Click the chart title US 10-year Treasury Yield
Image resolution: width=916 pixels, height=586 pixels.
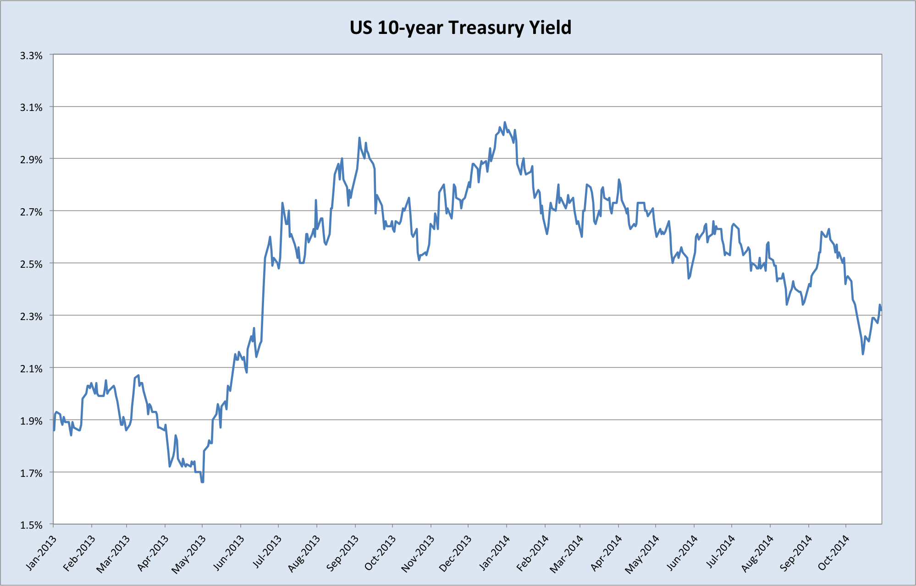point(460,28)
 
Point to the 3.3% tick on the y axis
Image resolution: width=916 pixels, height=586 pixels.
point(31,55)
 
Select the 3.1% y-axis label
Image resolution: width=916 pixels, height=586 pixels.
point(31,107)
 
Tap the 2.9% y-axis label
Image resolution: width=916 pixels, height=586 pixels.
point(31,160)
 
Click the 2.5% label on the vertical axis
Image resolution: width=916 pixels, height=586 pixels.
point(31,264)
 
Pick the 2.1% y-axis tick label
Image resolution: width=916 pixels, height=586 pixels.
point(31,369)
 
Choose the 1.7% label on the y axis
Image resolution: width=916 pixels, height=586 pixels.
point(31,473)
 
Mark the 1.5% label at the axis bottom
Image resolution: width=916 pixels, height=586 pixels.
point(31,525)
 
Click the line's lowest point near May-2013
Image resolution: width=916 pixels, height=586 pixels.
point(202,482)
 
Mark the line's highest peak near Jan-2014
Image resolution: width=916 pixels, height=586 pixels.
point(505,122)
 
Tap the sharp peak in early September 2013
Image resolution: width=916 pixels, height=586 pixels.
point(359,138)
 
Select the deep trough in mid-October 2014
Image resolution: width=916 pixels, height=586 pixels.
point(863,354)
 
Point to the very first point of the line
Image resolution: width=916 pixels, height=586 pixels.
point(54,430)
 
